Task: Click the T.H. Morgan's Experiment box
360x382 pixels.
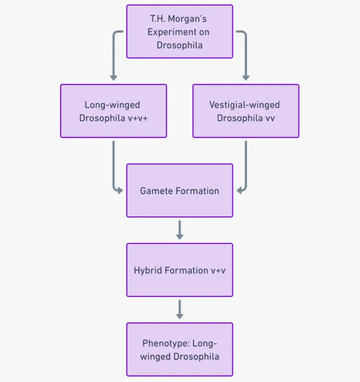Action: point(180,31)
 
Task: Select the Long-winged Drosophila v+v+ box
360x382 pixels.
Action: point(113,111)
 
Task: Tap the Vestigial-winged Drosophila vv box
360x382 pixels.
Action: point(246,111)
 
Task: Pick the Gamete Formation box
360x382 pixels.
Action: point(180,190)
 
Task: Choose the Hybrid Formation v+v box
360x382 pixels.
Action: point(180,270)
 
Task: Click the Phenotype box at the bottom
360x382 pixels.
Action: point(180,349)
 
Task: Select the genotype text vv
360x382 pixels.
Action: point(269,118)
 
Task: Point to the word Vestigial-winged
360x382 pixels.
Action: point(244,105)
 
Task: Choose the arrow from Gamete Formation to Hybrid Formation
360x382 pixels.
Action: point(180,230)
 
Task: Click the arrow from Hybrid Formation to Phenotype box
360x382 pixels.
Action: point(180,309)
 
